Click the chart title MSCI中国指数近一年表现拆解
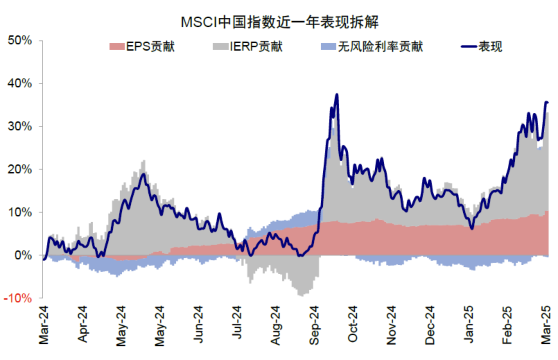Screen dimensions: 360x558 coord(279,22)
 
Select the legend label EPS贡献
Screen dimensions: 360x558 coord(150,46)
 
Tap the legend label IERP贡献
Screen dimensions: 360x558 coord(256,46)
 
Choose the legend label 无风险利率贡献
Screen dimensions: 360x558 coord(380,46)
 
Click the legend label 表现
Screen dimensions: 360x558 coord(490,46)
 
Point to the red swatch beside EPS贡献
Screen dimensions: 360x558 coord(117,46)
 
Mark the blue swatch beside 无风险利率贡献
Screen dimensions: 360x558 coord(328,46)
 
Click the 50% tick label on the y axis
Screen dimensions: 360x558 coord(20,40)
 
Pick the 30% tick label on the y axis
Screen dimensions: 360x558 coord(20,126)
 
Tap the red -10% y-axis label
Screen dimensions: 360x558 coord(18,298)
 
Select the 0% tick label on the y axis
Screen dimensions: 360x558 coord(23,255)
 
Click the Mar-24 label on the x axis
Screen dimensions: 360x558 coord(44,325)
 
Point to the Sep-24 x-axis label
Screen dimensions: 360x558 coord(314,325)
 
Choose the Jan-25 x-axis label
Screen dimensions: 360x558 coord(468,324)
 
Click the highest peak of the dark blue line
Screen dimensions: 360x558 coord(337,94)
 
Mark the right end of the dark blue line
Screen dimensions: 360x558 coord(547,102)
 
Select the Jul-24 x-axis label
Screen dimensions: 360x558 coord(237,322)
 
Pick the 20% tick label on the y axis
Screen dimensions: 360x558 coord(20,169)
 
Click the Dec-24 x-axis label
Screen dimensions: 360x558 coord(430,325)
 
